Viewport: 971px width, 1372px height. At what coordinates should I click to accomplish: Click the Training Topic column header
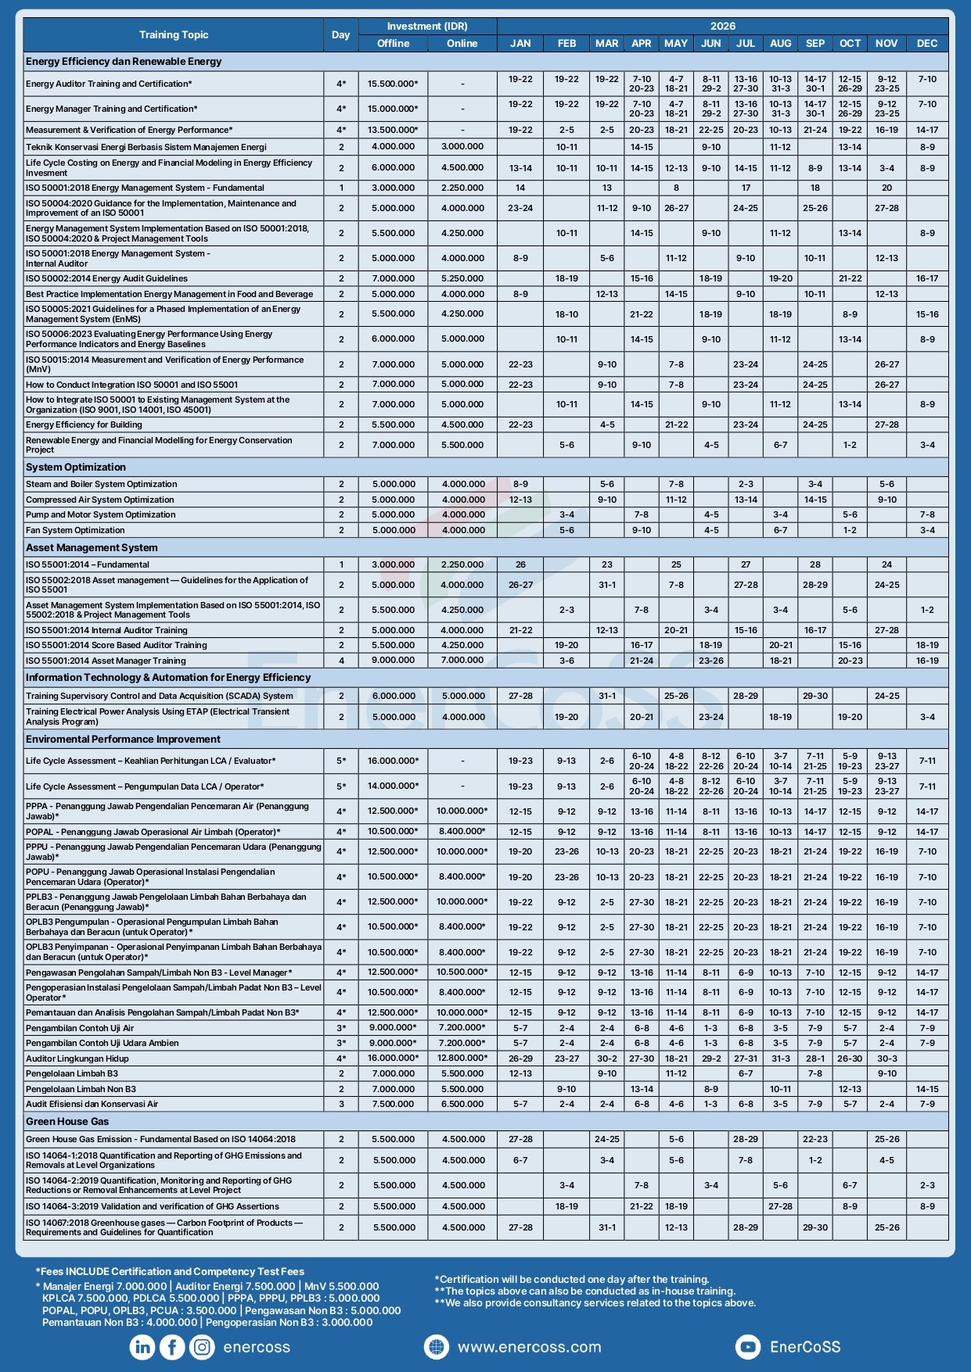pyautogui.click(x=174, y=35)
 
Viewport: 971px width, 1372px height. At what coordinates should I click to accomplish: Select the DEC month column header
pyautogui.click(x=927, y=44)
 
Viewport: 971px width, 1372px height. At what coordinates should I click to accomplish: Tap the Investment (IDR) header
pyautogui.click(x=427, y=27)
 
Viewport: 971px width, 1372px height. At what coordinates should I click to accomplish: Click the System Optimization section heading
pyautogui.click(x=76, y=467)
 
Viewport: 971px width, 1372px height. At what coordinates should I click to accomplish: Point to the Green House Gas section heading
pyautogui.click(x=67, y=1122)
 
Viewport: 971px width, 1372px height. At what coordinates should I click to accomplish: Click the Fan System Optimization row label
pyautogui.click(x=75, y=530)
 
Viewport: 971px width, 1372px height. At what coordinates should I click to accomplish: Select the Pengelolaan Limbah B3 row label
pyautogui.click(x=72, y=1074)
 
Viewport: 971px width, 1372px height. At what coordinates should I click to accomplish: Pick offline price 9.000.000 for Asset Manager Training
pyautogui.click(x=394, y=661)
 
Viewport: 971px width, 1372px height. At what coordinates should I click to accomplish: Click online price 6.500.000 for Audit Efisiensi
pyautogui.click(x=462, y=1105)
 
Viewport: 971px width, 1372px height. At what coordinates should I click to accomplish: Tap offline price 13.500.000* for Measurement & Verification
pyautogui.click(x=394, y=131)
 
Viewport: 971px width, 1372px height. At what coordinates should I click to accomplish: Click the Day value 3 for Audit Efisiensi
pyautogui.click(x=341, y=1105)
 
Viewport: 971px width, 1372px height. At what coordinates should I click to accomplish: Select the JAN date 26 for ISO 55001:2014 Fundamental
pyautogui.click(x=520, y=564)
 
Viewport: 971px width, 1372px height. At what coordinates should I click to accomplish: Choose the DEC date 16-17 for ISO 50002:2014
pyautogui.click(x=927, y=278)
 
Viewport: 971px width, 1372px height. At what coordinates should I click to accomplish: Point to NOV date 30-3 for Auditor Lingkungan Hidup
pyautogui.click(x=886, y=1059)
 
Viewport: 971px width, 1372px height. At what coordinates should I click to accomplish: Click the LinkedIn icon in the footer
pyautogui.click(x=142, y=1347)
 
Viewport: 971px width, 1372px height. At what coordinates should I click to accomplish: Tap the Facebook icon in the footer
pyautogui.click(x=172, y=1347)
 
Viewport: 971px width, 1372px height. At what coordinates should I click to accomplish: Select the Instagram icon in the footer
pyautogui.click(x=202, y=1347)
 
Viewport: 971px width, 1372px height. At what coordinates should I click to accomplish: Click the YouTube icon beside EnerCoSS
pyautogui.click(x=748, y=1347)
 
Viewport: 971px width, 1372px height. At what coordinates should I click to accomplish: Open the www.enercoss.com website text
pyautogui.click(x=529, y=1348)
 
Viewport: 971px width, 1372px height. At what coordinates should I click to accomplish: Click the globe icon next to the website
pyautogui.click(x=436, y=1347)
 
